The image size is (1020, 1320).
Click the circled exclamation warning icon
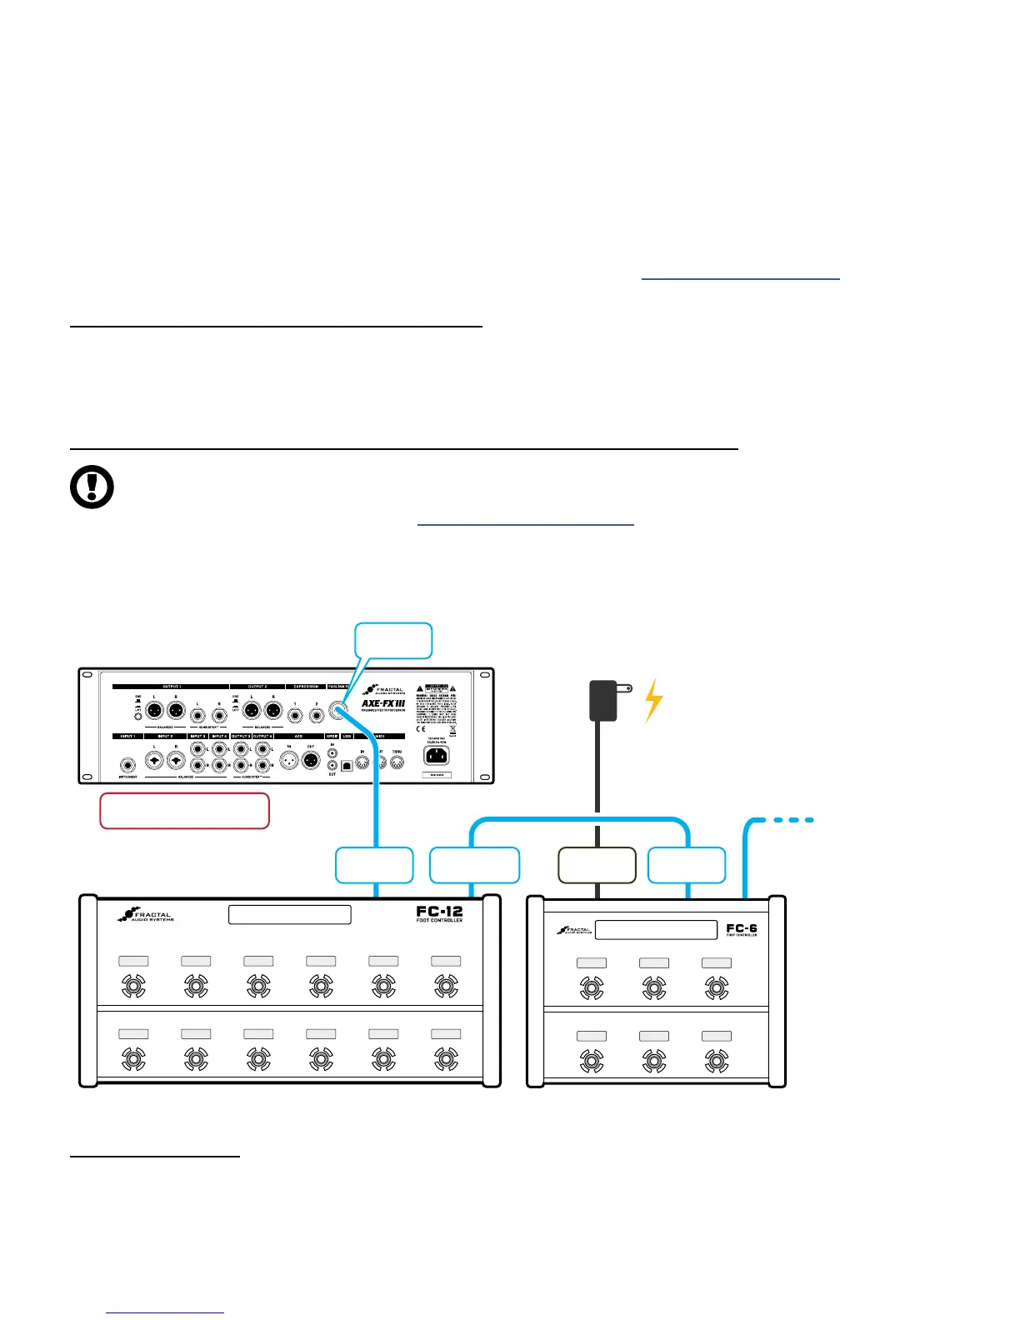(92, 487)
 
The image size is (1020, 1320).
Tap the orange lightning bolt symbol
(654, 700)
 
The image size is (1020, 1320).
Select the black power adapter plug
(603, 700)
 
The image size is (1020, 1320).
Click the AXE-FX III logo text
(382, 703)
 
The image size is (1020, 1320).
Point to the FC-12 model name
(439, 913)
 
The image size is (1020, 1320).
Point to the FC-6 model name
(741, 929)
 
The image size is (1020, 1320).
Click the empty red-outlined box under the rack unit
(184, 811)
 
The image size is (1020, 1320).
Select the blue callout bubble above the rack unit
(393, 641)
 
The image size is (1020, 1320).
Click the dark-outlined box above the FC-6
(597, 865)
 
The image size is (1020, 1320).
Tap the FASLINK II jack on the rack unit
(338, 711)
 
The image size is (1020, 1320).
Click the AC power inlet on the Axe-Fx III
(436, 756)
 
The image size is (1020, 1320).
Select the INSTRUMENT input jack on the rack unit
(127, 765)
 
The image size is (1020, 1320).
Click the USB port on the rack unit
(347, 766)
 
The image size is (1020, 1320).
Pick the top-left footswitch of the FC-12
(133, 987)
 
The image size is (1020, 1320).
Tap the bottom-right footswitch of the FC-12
(446, 1059)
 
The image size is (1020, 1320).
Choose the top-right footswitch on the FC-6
(717, 988)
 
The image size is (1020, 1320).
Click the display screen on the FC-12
(289, 915)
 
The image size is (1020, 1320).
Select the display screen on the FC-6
(656, 930)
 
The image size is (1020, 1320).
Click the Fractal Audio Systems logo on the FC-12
(146, 915)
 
